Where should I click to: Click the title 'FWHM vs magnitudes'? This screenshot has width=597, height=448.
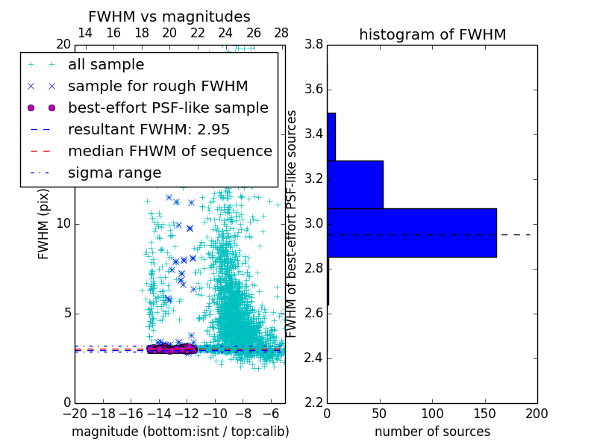pos(169,16)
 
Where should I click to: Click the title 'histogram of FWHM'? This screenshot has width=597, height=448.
pos(432,34)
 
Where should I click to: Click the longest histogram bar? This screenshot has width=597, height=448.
pos(411,232)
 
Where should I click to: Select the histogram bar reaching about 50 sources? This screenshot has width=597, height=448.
pos(355,184)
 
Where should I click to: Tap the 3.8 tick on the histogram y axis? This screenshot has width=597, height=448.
pos(314,45)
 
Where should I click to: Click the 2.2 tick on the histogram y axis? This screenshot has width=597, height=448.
pos(314,402)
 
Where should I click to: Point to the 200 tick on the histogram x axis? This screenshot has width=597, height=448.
pos(537,413)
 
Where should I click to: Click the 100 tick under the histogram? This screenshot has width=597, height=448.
pos(432,413)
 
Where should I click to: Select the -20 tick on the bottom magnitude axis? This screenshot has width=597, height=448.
pos(75,413)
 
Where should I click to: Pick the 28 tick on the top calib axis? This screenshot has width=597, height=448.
pos(281,33)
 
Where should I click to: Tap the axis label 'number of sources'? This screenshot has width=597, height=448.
pos(432,432)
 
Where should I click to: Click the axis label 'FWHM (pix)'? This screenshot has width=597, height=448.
pos(44,224)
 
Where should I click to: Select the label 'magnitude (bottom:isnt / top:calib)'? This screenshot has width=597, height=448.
pos(180,432)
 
